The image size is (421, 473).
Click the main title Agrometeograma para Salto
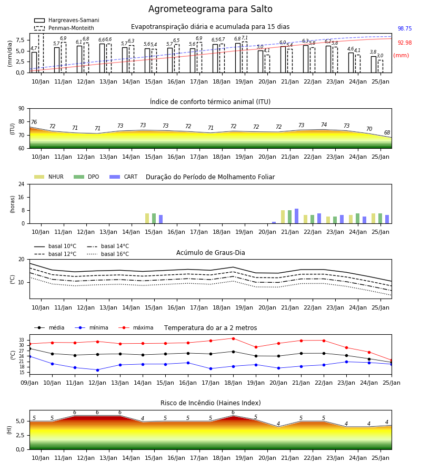[210, 9]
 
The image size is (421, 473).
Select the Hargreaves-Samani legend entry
[67, 20]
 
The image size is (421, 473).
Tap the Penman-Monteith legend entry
[64, 28]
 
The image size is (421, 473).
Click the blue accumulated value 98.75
[405, 29]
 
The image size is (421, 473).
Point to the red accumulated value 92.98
[405, 43]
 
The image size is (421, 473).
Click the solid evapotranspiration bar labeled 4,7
[34, 63]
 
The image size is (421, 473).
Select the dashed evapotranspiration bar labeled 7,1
[245, 57]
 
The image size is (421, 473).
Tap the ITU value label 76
[34, 122]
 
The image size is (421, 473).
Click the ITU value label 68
[387, 133]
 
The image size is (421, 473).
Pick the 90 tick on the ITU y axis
[22, 109]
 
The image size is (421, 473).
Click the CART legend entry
[124, 177]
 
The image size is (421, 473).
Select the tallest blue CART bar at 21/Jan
[297, 216]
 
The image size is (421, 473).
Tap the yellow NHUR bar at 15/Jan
[147, 219]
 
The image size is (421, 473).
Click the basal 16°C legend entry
[108, 254]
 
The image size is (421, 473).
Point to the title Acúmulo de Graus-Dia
[210, 253]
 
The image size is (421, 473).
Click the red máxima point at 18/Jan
[233, 338]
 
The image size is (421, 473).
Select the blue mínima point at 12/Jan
[97, 370]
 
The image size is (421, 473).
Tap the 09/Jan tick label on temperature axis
[29, 383]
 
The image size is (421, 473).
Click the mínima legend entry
[92, 327]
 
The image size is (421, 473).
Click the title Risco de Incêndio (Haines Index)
[210, 403]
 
